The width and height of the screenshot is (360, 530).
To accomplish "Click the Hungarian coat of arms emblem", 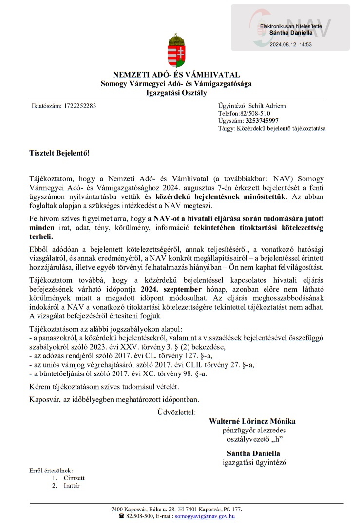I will point(176,50).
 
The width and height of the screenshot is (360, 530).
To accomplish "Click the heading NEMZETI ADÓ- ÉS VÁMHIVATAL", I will point(176,75).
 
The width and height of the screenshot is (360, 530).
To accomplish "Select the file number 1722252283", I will point(80,105).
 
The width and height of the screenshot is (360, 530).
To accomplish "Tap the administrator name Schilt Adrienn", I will point(267,105).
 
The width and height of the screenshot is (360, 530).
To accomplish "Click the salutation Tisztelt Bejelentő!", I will point(59,153).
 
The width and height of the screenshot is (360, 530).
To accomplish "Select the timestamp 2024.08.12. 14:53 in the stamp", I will point(291,44).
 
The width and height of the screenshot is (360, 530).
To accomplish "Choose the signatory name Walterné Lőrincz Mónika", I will point(252,421).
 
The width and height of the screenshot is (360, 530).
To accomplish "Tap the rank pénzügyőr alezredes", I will point(252,430).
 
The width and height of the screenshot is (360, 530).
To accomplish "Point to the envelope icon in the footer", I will point(181,509).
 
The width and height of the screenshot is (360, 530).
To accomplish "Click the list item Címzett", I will point(74,478).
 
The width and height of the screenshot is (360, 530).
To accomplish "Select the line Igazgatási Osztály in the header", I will point(176,93).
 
